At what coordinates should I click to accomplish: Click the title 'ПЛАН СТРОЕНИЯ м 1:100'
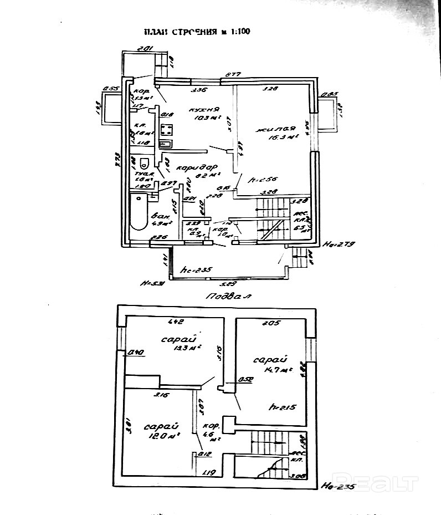tap(197, 32)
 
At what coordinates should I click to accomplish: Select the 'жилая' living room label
tap(273, 130)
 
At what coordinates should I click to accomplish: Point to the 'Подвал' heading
tap(228, 296)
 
